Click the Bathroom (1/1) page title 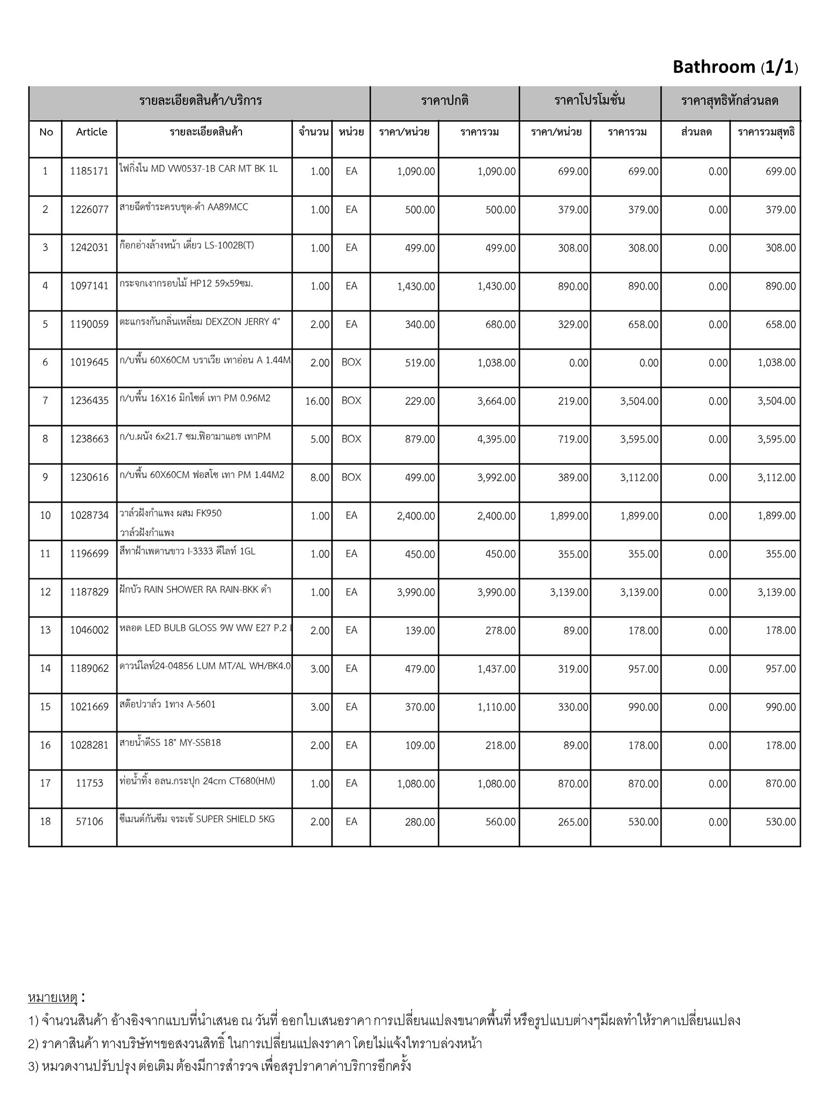tap(735, 67)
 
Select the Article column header tap(91, 132)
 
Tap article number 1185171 tap(89, 172)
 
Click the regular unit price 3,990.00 tap(416, 592)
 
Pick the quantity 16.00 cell tap(317, 401)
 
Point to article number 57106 tap(89, 822)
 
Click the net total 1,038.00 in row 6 tap(776, 363)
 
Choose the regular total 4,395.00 tap(496, 439)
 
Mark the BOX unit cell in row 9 tap(351, 477)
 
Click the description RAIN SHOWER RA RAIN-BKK tap(195, 589)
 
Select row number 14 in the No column tap(45, 669)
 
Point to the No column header tap(46, 132)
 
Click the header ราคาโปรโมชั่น tap(590, 100)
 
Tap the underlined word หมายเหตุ tap(53, 998)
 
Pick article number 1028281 tap(89, 745)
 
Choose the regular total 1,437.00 tap(496, 669)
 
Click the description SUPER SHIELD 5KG tap(197, 819)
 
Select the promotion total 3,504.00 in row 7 tap(639, 401)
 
